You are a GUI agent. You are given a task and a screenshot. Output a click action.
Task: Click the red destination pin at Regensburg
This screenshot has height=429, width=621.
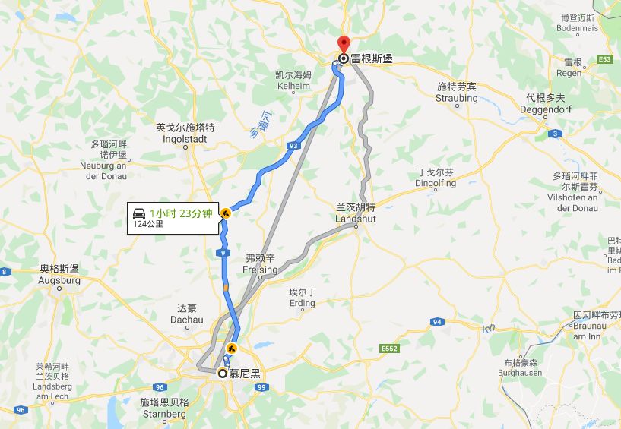(343, 45)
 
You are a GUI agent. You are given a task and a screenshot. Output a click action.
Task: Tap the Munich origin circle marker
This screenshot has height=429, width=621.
(223, 373)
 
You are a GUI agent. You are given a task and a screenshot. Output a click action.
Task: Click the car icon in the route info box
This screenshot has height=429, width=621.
(139, 213)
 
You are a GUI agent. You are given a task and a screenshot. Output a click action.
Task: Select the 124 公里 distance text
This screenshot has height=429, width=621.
(150, 224)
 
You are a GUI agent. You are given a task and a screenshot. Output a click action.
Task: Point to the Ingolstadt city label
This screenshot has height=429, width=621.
(185, 133)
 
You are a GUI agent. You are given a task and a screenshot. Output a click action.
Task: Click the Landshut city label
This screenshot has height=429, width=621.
(356, 213)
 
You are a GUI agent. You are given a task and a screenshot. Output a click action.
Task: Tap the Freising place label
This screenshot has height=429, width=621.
(260, 264)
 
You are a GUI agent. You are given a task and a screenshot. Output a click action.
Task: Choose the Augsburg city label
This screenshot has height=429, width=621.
(59, 275)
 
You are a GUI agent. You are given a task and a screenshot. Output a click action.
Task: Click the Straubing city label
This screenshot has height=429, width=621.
(457, 93)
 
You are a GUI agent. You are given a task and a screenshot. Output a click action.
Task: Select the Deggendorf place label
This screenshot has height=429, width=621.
(546, 103)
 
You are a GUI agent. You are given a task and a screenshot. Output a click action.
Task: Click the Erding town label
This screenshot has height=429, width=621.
(303, 298)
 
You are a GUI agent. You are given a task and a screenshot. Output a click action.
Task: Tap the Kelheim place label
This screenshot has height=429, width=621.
(293, 80)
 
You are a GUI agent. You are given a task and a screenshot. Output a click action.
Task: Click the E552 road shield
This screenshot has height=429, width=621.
(390, 349)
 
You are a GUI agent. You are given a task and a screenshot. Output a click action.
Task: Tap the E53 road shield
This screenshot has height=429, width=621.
(605, 59)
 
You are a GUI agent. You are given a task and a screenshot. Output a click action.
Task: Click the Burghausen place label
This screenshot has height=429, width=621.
(519, 368)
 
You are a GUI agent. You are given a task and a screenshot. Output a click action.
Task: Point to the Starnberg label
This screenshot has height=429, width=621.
(163, 408)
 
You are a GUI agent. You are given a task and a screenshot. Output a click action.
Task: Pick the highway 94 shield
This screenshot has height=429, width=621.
(437, 322)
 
